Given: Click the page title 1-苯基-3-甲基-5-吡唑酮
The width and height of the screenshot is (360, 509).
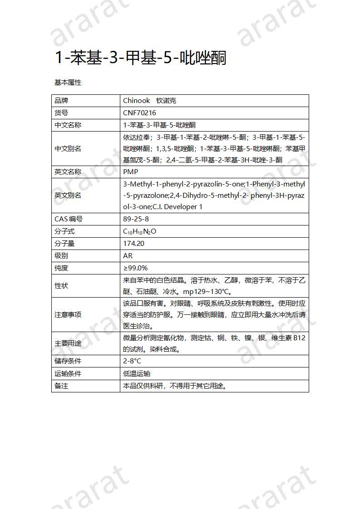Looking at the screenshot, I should coord(140,58).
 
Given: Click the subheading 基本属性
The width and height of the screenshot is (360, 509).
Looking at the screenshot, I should coord(68,83).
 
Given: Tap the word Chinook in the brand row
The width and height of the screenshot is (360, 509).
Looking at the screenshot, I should coord(136,101).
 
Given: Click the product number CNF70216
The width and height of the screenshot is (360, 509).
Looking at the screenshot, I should coord(139,113).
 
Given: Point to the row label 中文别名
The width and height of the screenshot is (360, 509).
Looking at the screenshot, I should coord(68,149).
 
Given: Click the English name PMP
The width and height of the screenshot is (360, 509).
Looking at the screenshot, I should coord(130,172).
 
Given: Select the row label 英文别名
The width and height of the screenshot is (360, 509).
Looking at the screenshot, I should coord(68,196).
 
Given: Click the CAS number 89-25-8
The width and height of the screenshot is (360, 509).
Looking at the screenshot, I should coord(136,219).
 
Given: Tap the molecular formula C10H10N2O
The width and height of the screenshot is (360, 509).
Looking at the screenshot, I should coord(139,231).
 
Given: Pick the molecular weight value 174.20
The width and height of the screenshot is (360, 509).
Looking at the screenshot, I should coord(133,244).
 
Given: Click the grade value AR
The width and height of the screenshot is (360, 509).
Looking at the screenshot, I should coord(128,256).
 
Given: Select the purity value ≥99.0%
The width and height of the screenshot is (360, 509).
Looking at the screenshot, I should coord(135,268).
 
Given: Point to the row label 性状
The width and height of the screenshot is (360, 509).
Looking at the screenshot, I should coord(61,286).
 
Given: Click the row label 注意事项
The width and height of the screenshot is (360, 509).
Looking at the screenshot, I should coord(68,315).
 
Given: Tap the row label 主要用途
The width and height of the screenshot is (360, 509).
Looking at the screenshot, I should coord(68,344).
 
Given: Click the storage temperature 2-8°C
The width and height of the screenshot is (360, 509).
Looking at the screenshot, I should coord(132,361).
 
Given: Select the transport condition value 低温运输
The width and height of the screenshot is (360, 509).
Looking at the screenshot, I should coord(137,374).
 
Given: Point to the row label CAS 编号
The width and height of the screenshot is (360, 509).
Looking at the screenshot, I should coord(69,219).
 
